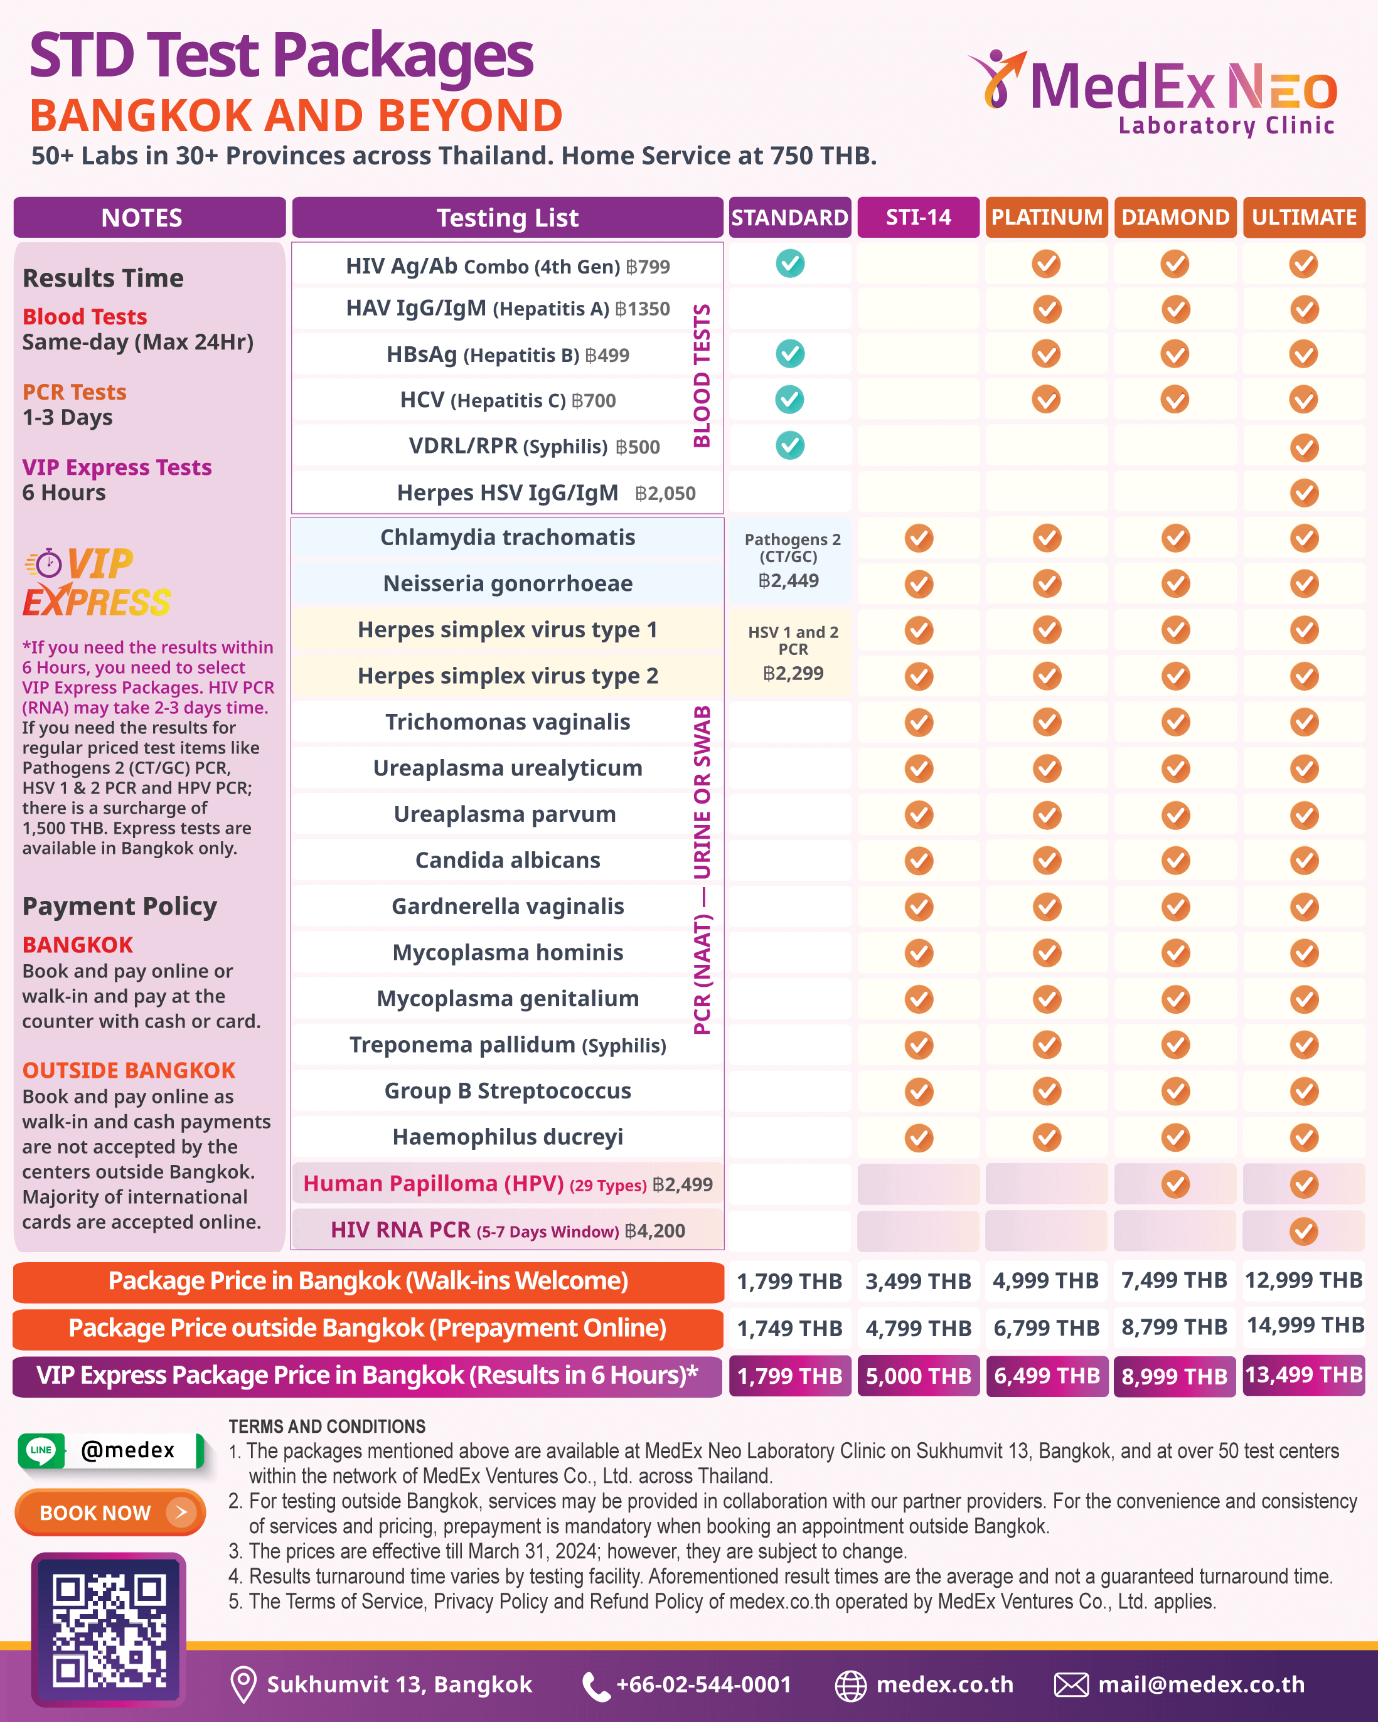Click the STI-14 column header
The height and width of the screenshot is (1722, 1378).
[x=918, y=217]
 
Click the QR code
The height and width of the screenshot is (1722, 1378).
[x=109, y=1629]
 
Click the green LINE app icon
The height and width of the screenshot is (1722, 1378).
[x=41, y=1450]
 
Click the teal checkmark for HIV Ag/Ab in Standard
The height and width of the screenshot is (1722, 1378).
[x=790, y=263]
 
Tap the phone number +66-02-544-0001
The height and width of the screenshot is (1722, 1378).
[x=703, y=1684]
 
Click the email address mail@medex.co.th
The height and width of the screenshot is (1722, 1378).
[x=1200, y=1684]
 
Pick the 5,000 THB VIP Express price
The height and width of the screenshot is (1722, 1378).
[x=918, y=1375]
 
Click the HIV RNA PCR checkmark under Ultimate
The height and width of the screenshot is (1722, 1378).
[x=1304, y=1231]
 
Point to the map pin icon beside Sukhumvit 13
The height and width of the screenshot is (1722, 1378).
[x=243, y=1684]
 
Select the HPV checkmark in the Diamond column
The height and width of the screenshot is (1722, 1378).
[x=1175, y=1184]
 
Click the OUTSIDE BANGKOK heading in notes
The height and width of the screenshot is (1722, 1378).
[x=129, y=1070]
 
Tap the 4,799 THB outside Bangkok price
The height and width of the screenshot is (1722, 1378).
[x=918, y=1328]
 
